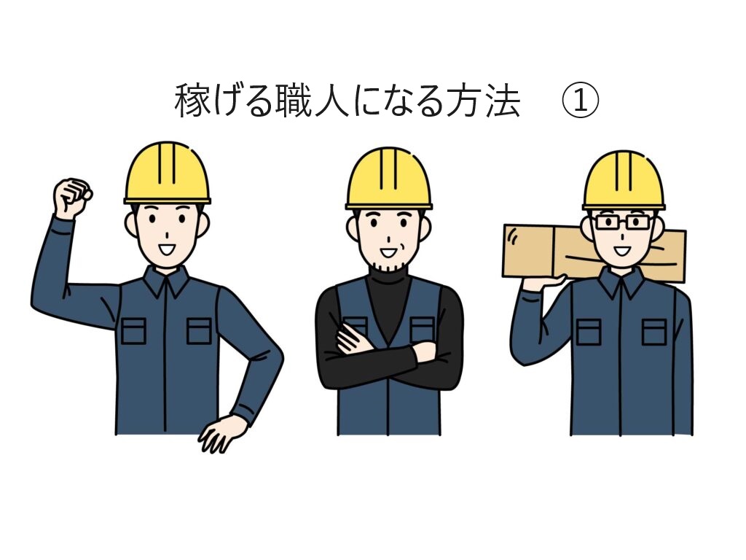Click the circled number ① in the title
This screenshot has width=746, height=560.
click(580, 101)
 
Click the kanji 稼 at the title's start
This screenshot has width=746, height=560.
click(192, 101)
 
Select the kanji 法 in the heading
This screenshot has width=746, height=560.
click(503, 101)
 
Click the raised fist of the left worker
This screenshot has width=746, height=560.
click(72, 198)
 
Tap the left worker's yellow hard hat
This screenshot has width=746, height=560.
click(167, 173)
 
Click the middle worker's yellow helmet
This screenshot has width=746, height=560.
click(389, 179)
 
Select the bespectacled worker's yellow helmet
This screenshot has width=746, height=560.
click(624, 181)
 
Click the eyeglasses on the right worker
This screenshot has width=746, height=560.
click(623, 222)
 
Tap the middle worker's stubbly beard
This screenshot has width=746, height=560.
click(389, 263)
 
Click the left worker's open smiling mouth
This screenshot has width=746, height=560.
click(167, 249)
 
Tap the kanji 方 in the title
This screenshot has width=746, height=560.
click(465, 101)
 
